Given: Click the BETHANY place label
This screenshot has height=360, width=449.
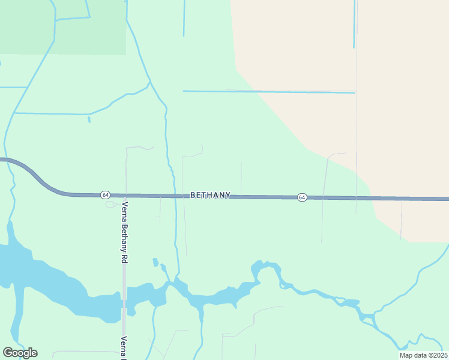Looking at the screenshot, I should click(x=210, y=195).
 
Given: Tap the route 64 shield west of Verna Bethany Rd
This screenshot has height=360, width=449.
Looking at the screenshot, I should click(x=106, y=195).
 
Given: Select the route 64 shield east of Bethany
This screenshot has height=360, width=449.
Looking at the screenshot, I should click(x=302, y=197).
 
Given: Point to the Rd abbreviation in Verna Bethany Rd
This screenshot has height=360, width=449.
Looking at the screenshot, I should click(x=125, y=257).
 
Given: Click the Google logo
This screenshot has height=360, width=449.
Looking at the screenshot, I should click(x=20, y=353).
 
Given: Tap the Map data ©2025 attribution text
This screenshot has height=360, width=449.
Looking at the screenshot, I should click(x=423, y=355).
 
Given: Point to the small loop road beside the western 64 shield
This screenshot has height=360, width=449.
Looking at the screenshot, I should click(x=112, y=204).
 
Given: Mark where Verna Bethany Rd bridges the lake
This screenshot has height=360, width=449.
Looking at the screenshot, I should click(x=124, y=304).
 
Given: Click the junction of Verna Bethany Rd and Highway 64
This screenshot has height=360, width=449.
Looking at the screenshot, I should click(x=125, y=196).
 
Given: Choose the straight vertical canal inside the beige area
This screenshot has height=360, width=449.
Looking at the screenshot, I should click(x=354, y=24).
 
